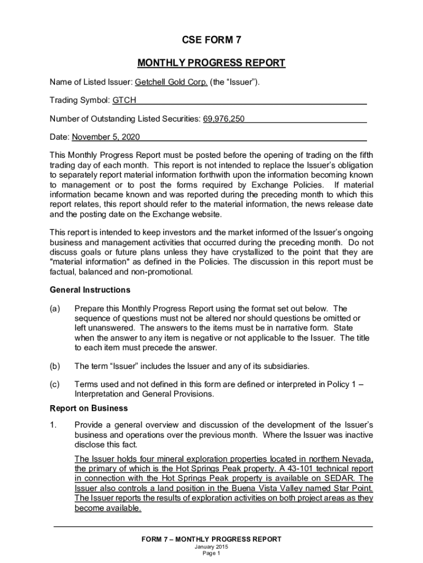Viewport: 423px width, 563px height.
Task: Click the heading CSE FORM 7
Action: (x=211, y=40)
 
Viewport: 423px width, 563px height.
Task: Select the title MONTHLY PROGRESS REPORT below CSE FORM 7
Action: (x=211, y=63)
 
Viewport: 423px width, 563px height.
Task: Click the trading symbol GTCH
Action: (x=124, y=101)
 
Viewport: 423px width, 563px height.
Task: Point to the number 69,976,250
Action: (x=224, y=118)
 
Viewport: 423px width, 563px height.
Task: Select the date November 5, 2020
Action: (x=106, y=136)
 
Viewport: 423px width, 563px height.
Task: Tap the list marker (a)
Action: (x=54, y=308)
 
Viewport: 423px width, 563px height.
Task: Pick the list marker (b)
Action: (x=54, y=366)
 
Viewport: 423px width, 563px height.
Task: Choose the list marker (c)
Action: (x=54, y=384)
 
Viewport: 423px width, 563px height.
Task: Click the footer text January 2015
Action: (x=211, y=547)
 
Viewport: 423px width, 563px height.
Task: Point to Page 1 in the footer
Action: (x=211, y=554)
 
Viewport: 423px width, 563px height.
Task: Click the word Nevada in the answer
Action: (x=359, y=459)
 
